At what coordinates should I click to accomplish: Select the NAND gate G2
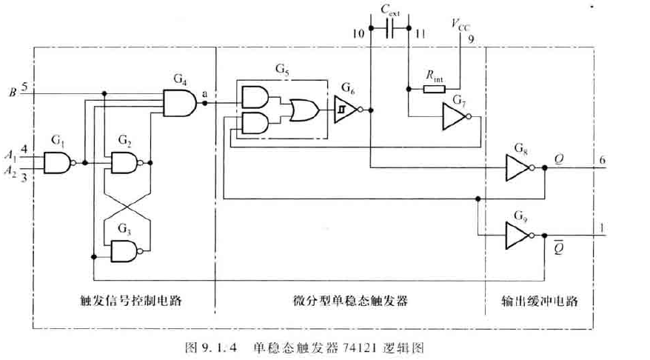point(124,162)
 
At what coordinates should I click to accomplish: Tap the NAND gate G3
point(124,253)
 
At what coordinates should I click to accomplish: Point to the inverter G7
point(454,116)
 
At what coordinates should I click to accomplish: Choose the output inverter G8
point(516,168)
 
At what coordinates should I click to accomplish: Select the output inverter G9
point(516,236)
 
